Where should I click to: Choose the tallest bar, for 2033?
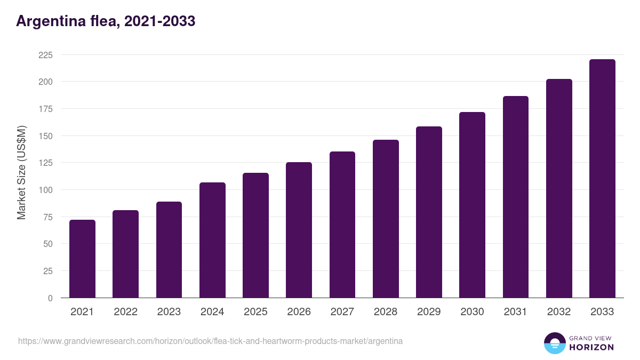[602, 179]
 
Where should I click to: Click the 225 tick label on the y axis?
[45, 55]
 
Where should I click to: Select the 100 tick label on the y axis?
[45, 190]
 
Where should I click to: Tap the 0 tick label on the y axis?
[50, 298]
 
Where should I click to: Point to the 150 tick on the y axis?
[45, 136]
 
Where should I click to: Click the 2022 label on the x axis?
[125, 312]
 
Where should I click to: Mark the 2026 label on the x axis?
[299, 312]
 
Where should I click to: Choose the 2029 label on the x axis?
[429, 312]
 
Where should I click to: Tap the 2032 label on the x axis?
[559, 312]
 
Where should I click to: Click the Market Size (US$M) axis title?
[21, 173]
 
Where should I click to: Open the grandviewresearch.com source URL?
[210, 341]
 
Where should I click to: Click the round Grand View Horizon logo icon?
[554, 343]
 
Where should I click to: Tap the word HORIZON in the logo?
[591, 347]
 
